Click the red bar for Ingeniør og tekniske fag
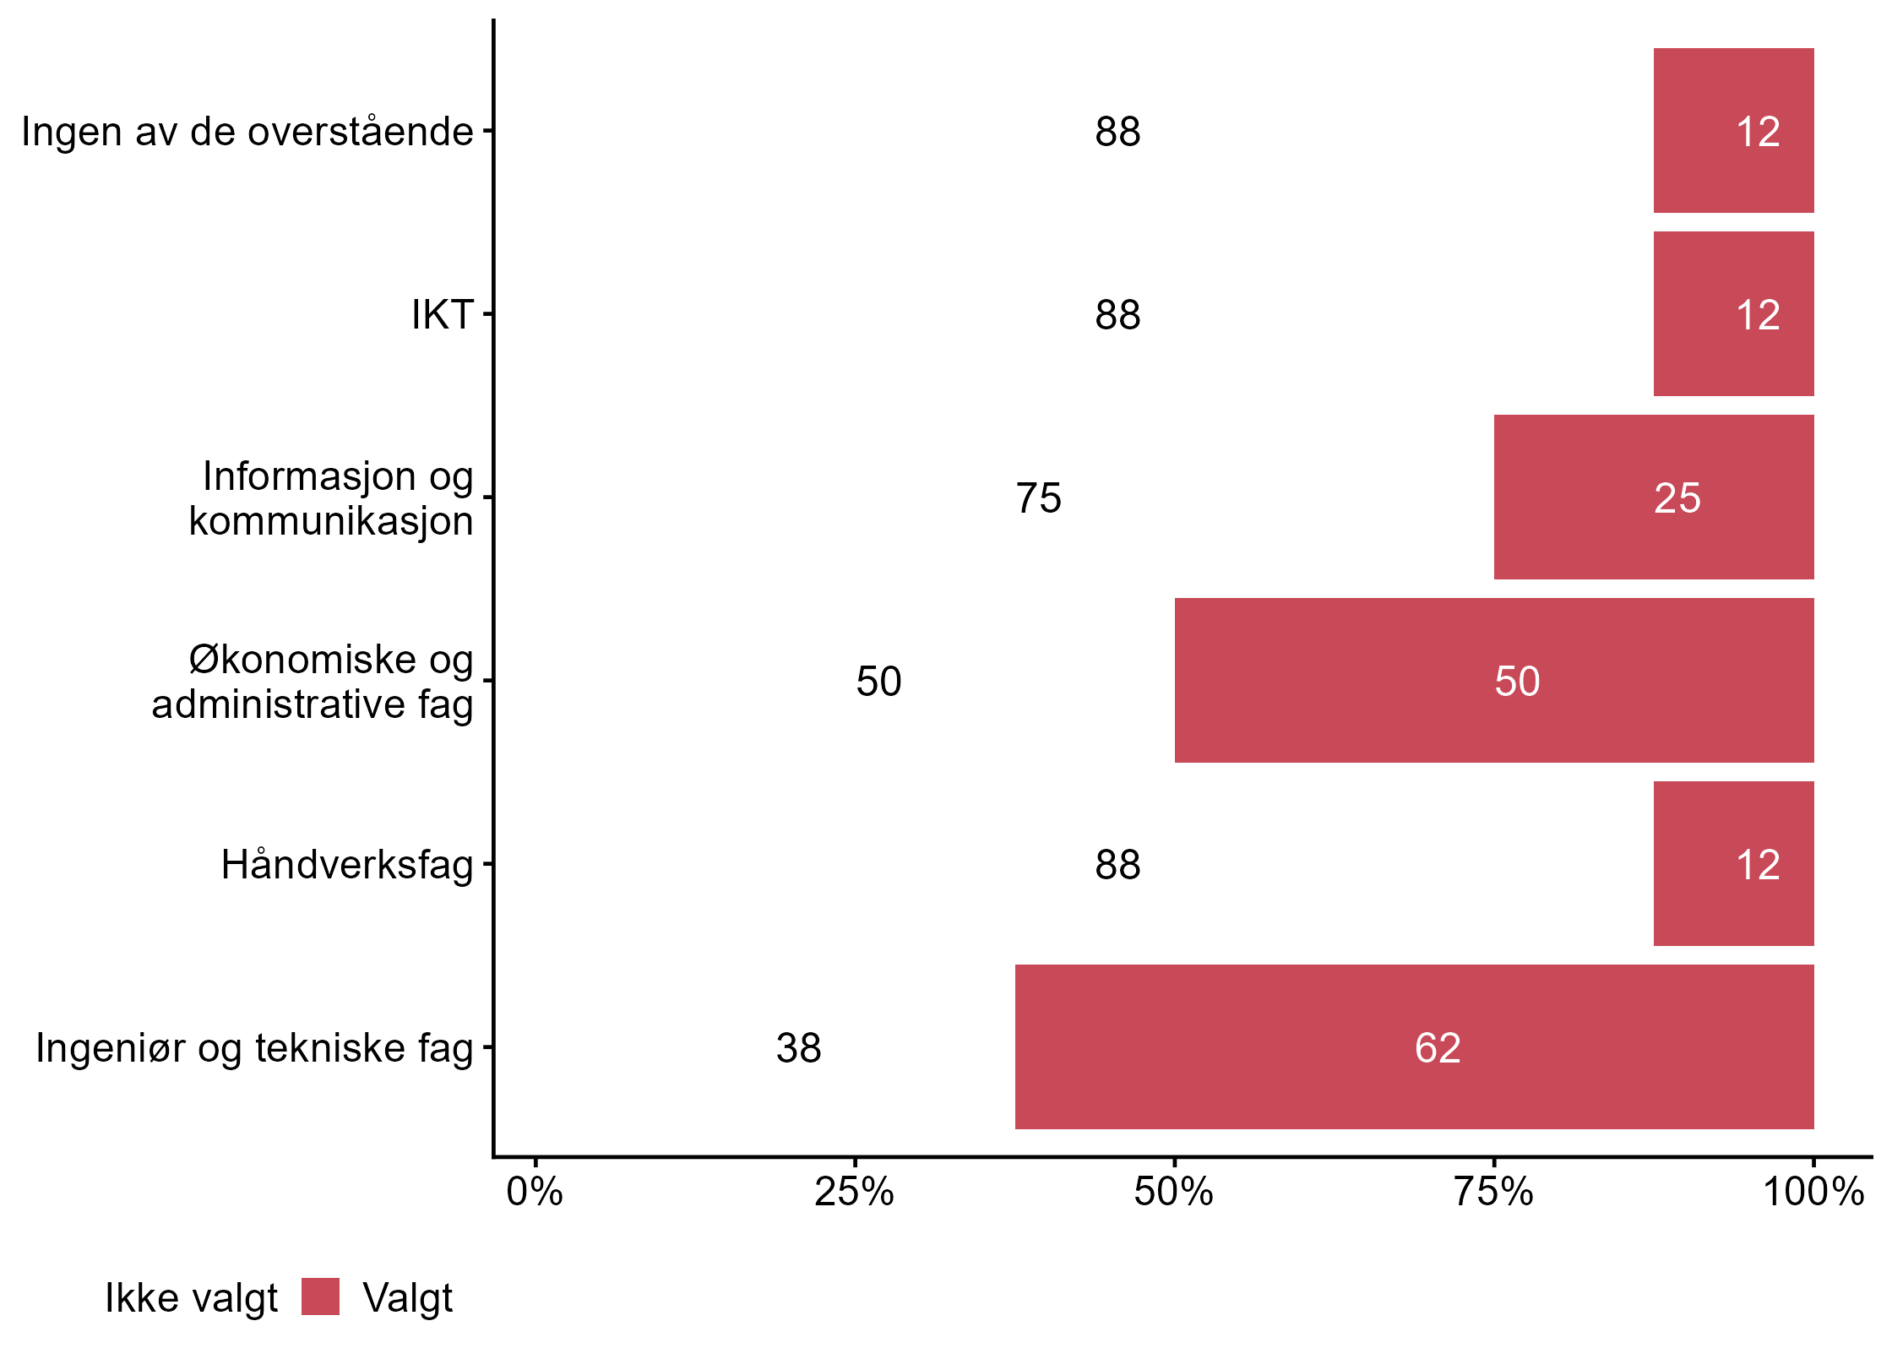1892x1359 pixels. [x=1414, y=1046]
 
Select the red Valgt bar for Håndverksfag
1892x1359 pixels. [x=1733, y=863]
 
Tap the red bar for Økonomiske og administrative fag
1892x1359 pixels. [x=1493, y=680]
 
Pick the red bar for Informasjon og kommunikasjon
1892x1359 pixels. [x=1653, y=497]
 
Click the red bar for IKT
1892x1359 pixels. [x=1733, y=313]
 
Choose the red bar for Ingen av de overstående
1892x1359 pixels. [x=1733, y=130]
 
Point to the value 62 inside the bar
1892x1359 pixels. [x=1438, y=1048]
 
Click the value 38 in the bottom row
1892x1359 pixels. [x=798, y=1048]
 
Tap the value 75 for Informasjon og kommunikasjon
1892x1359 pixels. [x=1038, y=498]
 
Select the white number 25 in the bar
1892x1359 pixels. [x=1677, y=498]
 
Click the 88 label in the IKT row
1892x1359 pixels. [x=1117, y=315]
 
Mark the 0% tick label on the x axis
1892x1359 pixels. [x=535, y=1192]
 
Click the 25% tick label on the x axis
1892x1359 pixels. [x=854, y=1192]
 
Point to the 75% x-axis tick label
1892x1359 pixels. [x=1493, y=1192]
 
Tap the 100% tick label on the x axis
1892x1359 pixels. [x=1813, y=1192]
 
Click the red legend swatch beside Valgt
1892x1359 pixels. [x=320, y=1296]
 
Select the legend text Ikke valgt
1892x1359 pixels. [x=191, y=1298]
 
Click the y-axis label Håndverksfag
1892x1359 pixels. [x=347, y=865]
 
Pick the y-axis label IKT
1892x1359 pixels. [x=442, y=315]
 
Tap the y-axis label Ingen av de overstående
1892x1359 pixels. [x=247, y=132]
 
